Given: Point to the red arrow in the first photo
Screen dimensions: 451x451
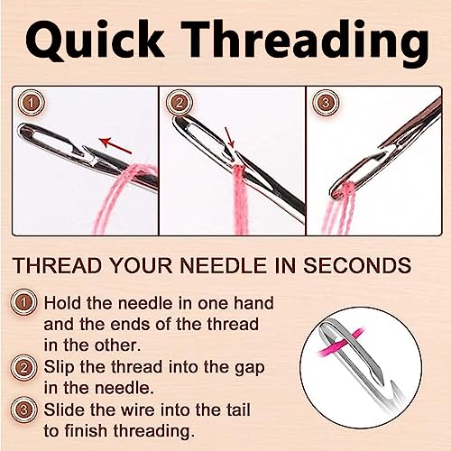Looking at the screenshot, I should [x=113, y=143].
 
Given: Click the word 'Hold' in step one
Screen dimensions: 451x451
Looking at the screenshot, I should [x=64, y=305].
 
